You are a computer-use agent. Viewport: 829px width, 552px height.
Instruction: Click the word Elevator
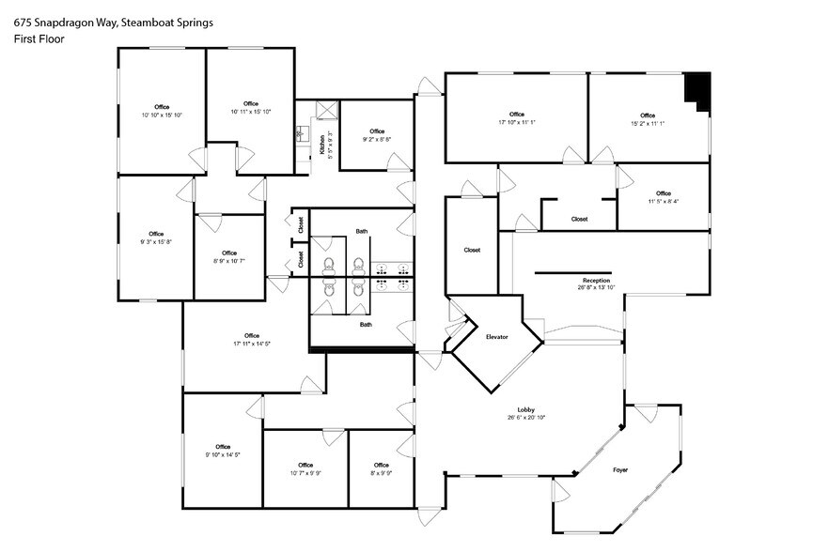(496, 336)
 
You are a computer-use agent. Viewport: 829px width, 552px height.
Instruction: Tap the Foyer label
(620, 468)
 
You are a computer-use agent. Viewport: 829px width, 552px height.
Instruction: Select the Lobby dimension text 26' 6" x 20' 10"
(525, 417)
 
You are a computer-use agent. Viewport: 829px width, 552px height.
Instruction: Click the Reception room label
(596, 280)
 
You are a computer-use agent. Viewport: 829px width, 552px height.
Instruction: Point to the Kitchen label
(321, 145)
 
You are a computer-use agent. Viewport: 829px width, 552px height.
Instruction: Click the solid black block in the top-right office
(697, 90)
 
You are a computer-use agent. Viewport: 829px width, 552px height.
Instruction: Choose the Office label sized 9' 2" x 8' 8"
(377, 131)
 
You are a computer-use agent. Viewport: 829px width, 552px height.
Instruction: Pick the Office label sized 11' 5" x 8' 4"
(664, 193)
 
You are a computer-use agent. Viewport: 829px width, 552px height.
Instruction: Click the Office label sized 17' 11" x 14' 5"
(251, 335)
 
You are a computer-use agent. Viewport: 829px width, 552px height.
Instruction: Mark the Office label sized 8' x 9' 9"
(381, 465)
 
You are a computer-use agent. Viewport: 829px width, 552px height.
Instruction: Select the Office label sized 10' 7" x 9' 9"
(305, 465)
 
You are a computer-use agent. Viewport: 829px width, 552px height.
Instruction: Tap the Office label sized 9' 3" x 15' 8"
(156, 234)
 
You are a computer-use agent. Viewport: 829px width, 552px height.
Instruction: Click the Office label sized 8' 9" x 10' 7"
(229, 253)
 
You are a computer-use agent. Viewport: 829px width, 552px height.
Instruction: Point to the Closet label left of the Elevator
(472, 250)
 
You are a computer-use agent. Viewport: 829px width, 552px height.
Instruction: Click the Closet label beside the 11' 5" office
(579, 219)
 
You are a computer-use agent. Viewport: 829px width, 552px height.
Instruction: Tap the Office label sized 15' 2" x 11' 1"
(648, 115)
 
